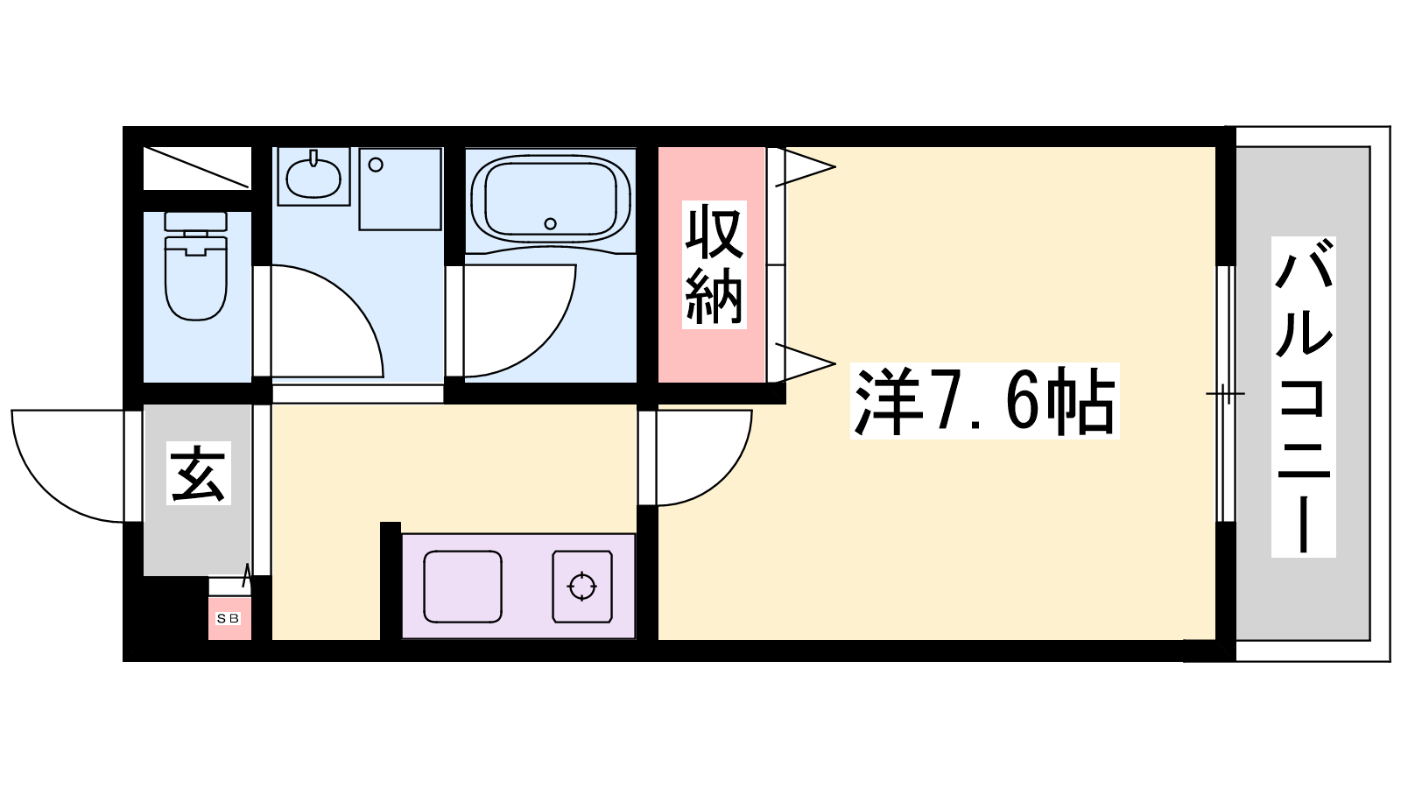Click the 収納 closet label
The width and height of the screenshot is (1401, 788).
click(x=714, y=264)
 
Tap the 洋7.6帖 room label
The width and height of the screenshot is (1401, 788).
click(x=984, y=401)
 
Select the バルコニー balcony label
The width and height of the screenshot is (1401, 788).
click(x=1304, y=397)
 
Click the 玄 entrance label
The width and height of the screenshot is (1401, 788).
click(x=198, y=473)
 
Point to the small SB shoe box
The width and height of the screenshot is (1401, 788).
click(x=229, y=618)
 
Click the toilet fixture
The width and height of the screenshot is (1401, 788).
click(x=196, y=266)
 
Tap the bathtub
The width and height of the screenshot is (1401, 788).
click(x=550, y=198)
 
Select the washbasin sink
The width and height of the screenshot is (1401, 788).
click(x=313, y=175)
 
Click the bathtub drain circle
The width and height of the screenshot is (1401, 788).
click(x=551, y=223)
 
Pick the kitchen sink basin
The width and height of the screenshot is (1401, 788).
click(x=463, y=587)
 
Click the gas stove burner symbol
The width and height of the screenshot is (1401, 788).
click(x=581, y=587)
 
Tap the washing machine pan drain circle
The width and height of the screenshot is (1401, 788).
click(x=376, y=165)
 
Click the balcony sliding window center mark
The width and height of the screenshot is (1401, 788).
click(x=1225, y=393)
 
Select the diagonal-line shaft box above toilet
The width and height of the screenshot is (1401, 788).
click(x=197, y=167)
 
